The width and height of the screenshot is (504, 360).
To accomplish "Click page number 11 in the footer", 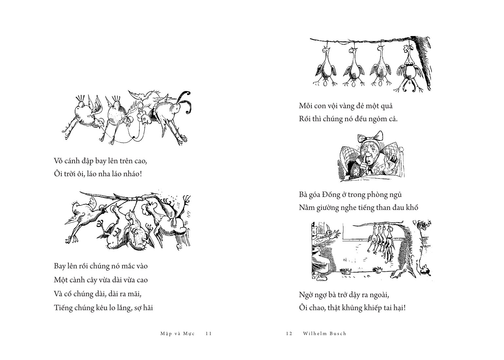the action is pos(209,333).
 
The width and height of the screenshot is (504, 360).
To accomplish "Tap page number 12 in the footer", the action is pos(289,333).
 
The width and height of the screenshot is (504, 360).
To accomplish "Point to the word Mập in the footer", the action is pos(165,334).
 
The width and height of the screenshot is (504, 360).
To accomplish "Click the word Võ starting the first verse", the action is pos(59,161).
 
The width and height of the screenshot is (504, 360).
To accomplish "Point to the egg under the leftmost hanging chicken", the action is pos(326,84).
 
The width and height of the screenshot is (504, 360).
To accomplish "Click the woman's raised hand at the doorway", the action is pos(336,233).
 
